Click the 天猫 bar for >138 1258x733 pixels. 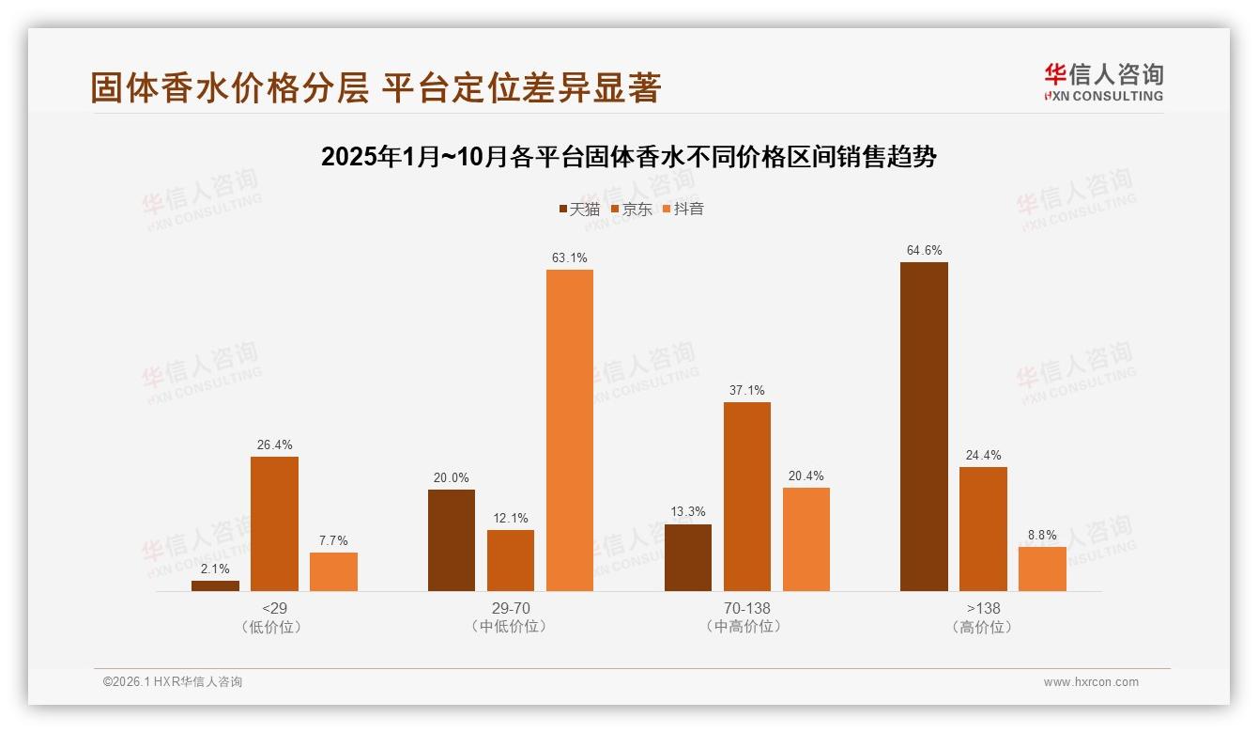pyautogui.click(x=924, y=427)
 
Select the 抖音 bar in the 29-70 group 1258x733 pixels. pyautogui.click(x=570, y=430)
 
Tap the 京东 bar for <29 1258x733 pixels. pyautogui.click(x=274, y=523)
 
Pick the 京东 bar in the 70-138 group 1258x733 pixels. pyautogui.click(x=747, y=496)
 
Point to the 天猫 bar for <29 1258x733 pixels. pyautogui.click(x=215, y=585)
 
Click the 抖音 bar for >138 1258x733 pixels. pyautogui.click(x=1042, y=569)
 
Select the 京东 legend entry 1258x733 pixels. pyautogui.click(x=631, y=210)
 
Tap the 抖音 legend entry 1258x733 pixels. pyautogui.click(x=683, y=210)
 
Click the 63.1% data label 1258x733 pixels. pyautogui.click(x=570, y=257)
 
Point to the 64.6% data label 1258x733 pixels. pyautogui.click(x=924, y=250)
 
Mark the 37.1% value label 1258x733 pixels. pyautogui.click(x=747, y=390)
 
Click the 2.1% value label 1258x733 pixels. pyautogui.click(x=215, y=569)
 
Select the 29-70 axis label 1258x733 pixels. pyautogui.click(x=511, y=608)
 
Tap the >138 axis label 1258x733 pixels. pyautogui.click(x=983, y=608)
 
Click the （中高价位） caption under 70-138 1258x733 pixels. pyautogui.click(x=747, y=627)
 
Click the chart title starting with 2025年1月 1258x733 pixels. pyautogui.click(x=628, y=157)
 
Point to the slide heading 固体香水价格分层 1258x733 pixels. pyautogui.click(x=376, y=87)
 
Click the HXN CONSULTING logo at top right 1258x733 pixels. pyautogui.click(x=1103, y=83)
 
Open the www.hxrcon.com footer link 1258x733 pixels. pyautogui.click(x=1091, y=682)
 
